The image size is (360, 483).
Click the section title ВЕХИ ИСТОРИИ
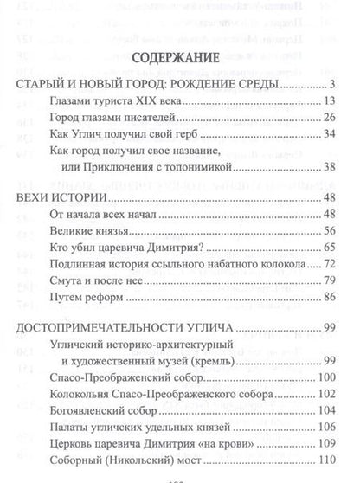pos(56,198)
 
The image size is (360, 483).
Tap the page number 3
pos(331,85)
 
